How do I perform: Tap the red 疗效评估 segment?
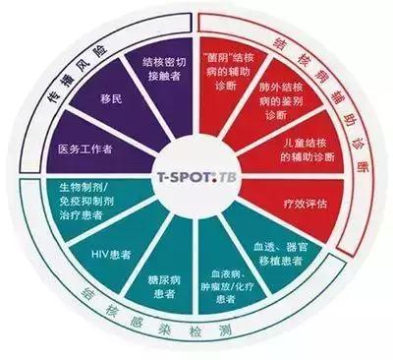(298, 199)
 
